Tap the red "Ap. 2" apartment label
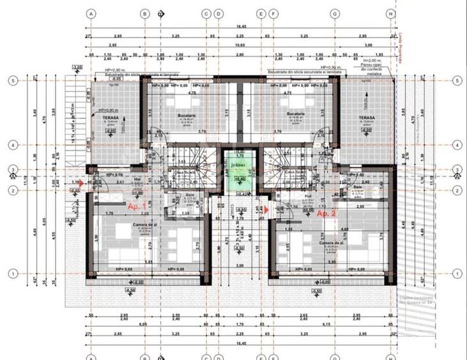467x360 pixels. (326, 213)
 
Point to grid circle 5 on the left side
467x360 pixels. (11, 81)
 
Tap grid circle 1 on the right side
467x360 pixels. (457, 273)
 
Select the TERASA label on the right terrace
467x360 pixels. (366, 118)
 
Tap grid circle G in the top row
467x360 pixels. (334, 13)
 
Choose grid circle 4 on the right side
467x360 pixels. (457, 145)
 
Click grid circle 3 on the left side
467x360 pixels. (11, 169)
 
